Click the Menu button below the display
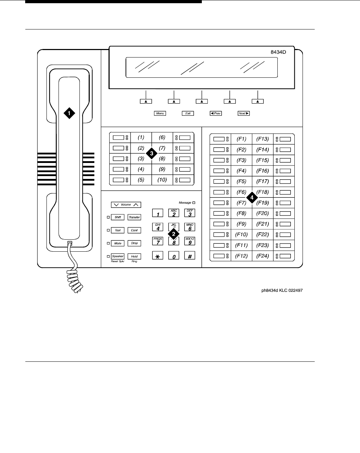point(160,113)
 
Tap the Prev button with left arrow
point(216,113)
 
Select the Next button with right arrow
point(244,113)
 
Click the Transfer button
point(134,217)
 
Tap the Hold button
point(134,256)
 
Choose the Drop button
point(134,243)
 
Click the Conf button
point(134,230)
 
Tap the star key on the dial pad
point(157,256)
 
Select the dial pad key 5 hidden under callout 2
point(174,228)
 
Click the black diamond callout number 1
point(70,113)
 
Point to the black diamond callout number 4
point(252,198)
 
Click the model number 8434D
point(278,52)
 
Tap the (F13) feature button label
point(263,139)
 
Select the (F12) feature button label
point(242,256)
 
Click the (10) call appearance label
point(162,180)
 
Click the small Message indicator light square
point(194,203)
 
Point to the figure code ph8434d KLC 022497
point(282,290)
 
